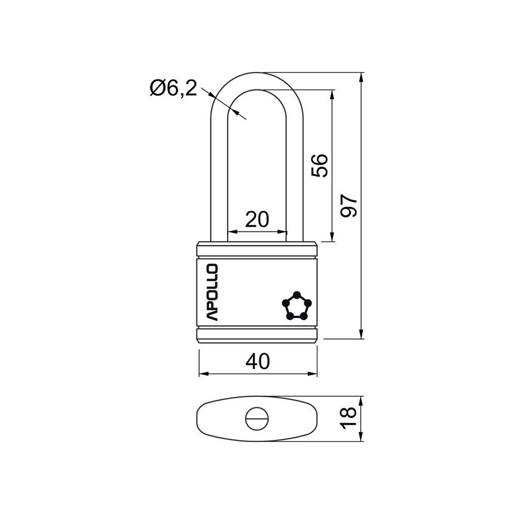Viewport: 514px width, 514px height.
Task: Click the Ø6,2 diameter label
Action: [173, 88]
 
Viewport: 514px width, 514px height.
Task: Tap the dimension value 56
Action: [320, 166]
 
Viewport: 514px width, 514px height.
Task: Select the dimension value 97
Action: [348, 206]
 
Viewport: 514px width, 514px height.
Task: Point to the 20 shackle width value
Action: [257, 219]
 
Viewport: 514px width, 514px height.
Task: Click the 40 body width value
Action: [258, 361]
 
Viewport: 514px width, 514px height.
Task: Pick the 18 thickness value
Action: [348, 418]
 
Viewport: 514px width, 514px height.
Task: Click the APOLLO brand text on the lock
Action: [212, 292]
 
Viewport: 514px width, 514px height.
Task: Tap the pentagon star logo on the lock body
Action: [297, 305]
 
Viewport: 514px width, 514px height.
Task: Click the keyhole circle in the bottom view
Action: [257, 418]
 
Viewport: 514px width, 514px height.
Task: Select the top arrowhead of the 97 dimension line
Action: [361, 78]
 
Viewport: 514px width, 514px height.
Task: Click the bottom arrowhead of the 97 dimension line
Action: [361, 334]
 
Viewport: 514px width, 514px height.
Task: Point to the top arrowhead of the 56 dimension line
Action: [333, 95]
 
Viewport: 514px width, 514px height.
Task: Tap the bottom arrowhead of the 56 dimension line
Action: [333, 236]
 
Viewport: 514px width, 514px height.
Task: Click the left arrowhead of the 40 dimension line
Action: [205, 374]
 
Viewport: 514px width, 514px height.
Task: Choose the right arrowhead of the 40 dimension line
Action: [312, 374]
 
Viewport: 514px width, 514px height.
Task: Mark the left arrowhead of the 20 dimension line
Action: [233, 232]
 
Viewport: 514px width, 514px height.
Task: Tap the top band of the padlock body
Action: [257, 249]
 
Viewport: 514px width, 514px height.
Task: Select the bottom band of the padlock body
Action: [257, 335]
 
